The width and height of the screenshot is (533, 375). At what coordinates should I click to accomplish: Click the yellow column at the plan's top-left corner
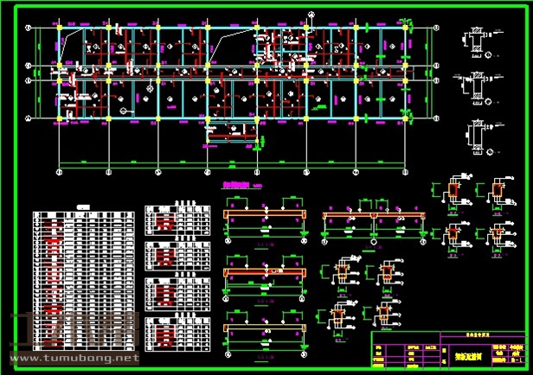[x=58, y=29]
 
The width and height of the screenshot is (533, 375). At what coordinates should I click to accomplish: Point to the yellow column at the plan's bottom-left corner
[x=58, y=118]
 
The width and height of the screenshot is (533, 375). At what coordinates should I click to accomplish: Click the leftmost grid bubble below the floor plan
[x=58, y=171]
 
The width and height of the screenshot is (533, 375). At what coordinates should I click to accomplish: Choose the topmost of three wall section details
[x=475, y=41]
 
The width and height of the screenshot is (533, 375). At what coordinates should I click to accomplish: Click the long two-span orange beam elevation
[x=374, y=216]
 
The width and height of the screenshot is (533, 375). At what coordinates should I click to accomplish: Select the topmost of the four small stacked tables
[x=177, y=221]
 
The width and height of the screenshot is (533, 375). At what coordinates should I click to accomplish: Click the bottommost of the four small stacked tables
[x=177, y=334]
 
